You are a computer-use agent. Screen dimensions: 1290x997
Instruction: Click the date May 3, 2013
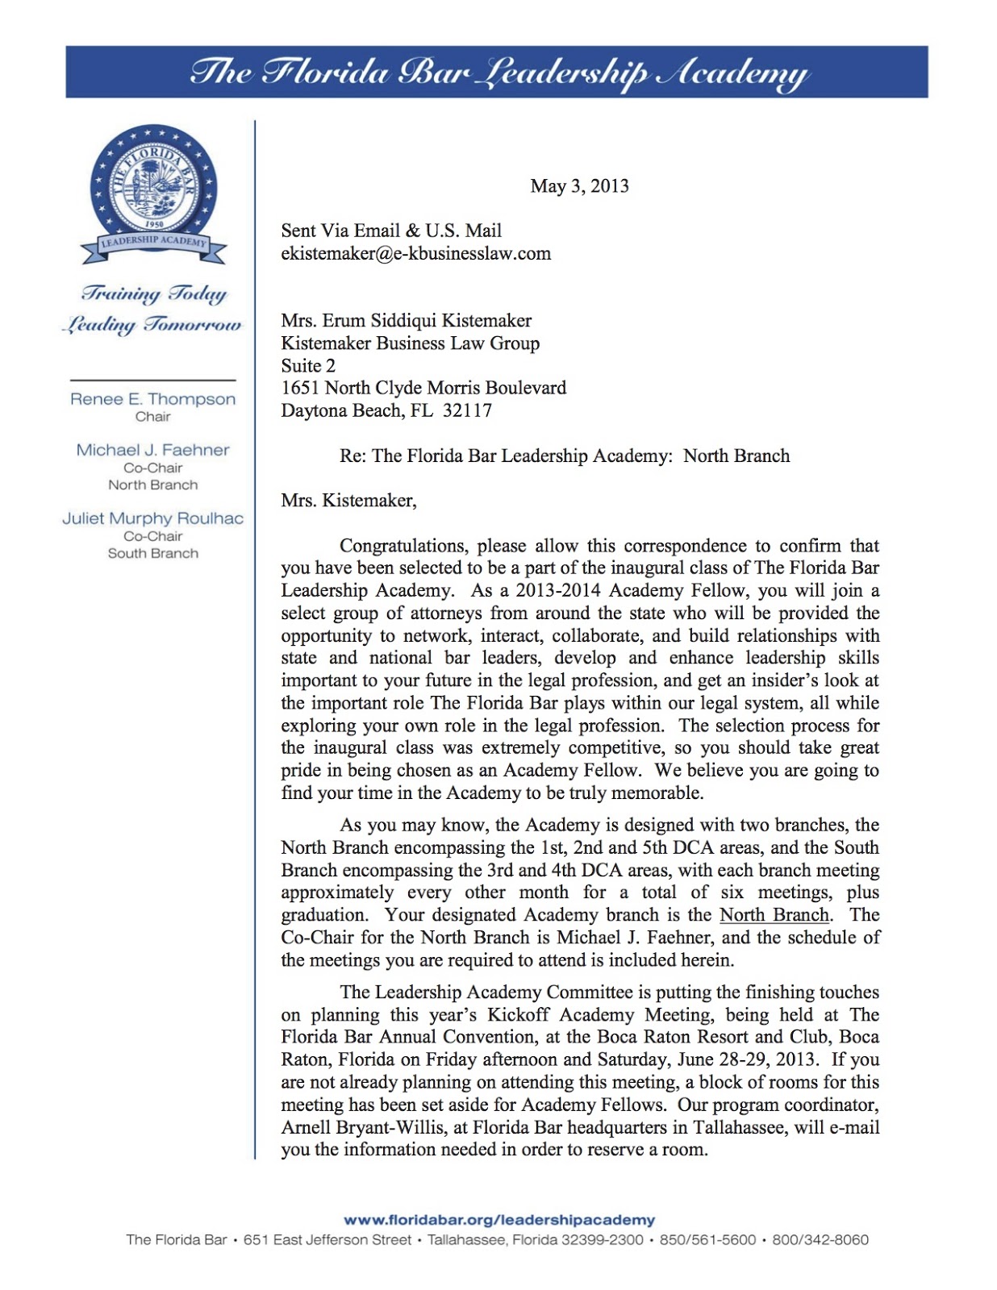579,186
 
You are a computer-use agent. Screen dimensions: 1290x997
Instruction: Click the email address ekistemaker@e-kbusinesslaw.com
415,253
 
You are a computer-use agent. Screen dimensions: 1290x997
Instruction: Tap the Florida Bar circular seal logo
153,186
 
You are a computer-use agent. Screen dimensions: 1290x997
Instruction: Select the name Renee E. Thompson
152,399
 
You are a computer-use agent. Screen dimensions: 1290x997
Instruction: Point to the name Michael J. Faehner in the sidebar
152,450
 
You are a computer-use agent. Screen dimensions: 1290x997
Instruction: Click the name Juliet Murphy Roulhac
152,518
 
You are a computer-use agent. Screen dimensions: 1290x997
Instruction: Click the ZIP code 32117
467,410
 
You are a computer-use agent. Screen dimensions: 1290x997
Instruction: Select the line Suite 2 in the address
307,365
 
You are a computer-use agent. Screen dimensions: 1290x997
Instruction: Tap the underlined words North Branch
774,915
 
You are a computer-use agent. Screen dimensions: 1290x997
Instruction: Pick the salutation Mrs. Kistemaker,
348,501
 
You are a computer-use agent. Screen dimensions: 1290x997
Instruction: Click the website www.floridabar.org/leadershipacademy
499,1220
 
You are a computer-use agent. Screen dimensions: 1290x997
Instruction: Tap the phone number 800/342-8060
820,1240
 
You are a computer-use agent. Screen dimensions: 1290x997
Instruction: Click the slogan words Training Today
154,293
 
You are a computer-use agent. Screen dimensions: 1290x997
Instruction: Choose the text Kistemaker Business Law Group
410,343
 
